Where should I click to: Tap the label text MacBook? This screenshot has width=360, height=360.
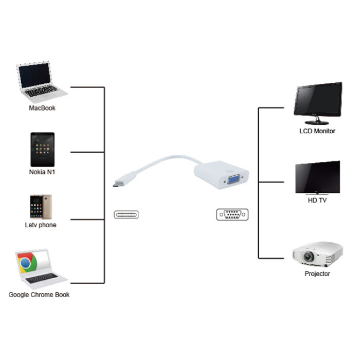(42, 109)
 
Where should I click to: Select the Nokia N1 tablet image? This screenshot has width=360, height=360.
(42, 149)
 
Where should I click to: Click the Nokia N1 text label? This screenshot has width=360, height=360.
(42, 172)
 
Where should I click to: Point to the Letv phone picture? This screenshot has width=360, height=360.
(41, 207)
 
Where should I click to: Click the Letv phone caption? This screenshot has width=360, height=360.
(41, 225)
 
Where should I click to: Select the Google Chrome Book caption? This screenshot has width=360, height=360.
(39, 295)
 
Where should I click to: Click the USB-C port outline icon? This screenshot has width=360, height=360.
(127, 214)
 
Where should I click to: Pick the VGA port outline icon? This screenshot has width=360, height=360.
(232, 214)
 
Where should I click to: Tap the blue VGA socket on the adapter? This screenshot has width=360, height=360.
(232, 181)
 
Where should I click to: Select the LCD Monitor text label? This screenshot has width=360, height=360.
(317, 131)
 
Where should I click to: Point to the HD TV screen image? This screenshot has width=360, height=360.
(317, 177)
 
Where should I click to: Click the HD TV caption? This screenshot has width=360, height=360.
(317, 201)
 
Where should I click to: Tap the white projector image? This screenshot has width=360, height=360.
(317, 254)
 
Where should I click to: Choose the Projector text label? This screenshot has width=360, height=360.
(317, 274)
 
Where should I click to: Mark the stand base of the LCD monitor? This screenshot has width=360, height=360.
(317, 122)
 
